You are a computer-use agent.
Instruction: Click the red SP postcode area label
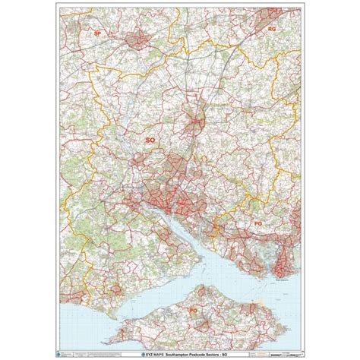97,34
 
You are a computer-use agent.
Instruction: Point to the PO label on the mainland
258,224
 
